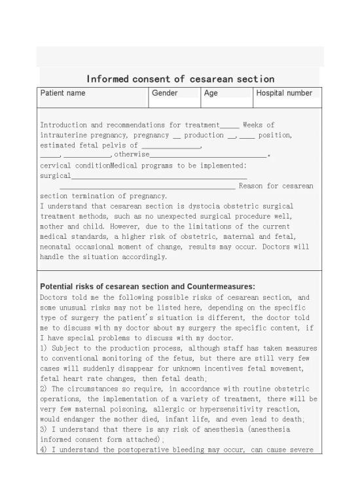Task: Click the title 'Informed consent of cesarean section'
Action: [x=180, y=79]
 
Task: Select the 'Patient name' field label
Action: [x=63, y=94]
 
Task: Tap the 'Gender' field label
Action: [x=165, y=94]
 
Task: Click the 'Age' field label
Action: [x=211, y=94]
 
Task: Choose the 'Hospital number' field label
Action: [x=284, y=94]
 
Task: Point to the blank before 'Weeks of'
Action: [x=230, y=125]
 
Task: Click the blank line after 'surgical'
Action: [x=159, y=176]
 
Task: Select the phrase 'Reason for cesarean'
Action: [x=276, y=186]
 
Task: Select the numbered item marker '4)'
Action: [x=45, y=450]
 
